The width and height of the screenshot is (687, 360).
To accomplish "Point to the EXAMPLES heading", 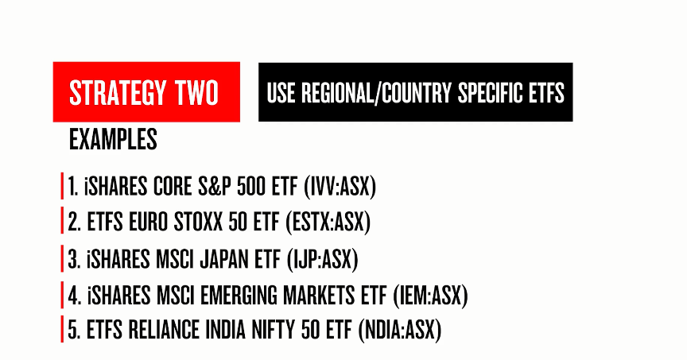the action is tap(113, 139).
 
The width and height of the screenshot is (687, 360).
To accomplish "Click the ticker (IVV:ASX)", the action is tap(340, 187).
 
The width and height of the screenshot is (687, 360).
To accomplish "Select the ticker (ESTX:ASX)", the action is tap(328, 222).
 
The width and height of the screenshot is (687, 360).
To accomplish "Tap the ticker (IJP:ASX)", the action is tap(323, 260).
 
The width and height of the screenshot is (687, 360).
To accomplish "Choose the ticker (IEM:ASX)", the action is tap(430, 296).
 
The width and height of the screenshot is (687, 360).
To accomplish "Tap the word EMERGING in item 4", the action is tap(239, 296).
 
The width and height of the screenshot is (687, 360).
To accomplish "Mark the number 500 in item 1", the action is tap(251, 187).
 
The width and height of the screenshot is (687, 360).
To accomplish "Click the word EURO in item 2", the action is tap(148, 222).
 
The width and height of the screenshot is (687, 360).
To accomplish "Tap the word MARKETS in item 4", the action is tap(319, 296).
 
